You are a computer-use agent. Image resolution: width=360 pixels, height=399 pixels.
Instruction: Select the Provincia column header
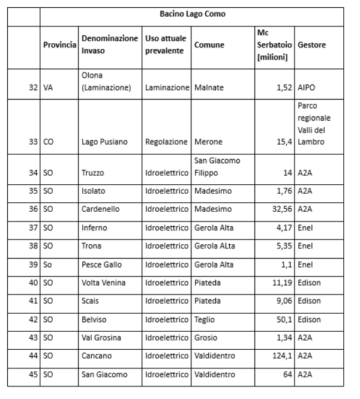59,46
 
